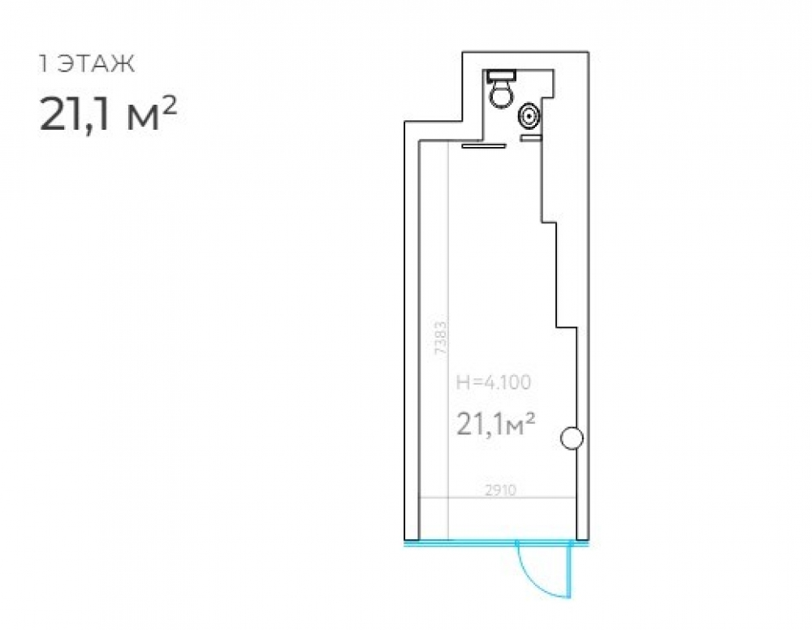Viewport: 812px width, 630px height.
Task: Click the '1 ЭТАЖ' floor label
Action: click(87, 64)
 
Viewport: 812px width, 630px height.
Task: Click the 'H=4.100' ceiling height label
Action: click(494, 382)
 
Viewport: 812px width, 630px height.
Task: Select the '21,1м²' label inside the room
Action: click(495, 425)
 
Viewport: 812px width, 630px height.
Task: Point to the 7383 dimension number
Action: click(441, 338)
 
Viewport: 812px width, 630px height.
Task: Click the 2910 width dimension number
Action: click(501, 490)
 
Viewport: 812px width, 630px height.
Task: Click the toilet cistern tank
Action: click(501, 76)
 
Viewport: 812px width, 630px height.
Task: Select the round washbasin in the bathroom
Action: click(529, 116)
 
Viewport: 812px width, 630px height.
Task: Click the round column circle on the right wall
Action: click(572, 438)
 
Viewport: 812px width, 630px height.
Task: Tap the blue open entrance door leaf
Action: click(570, 569)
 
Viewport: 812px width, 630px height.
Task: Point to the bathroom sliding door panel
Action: click(484, 146)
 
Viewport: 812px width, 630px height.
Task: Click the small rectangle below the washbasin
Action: click(531, 138)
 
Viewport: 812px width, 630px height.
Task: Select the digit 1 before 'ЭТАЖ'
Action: click(45, 64)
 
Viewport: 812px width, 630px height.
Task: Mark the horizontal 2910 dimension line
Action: click(497, 498)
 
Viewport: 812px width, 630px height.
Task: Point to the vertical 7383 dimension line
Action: click(448, 341)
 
